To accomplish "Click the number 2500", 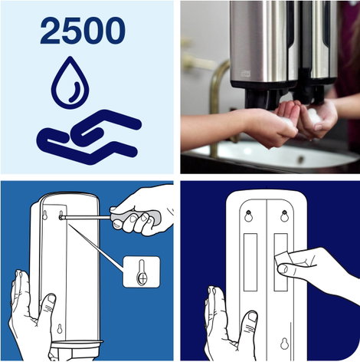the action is coord(83,31).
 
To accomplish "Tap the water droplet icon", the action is coord(70,82).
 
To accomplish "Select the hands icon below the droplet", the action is coord(89,137).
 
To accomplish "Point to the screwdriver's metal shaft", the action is coord(87,218).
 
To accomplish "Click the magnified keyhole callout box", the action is coord(142,271).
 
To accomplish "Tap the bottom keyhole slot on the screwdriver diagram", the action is coord(60,328).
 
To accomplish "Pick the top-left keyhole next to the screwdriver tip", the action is coord(45,216).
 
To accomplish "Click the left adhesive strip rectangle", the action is coord(250,262).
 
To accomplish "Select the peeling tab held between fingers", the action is coord(282,258).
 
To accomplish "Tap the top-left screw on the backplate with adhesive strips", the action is coord(248,212).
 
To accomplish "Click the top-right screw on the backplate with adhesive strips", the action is coord(284,212).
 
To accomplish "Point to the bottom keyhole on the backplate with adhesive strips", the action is coord(284,344).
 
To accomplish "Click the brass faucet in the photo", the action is coord(217,102).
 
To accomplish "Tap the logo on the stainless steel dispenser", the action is coord(246,74).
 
